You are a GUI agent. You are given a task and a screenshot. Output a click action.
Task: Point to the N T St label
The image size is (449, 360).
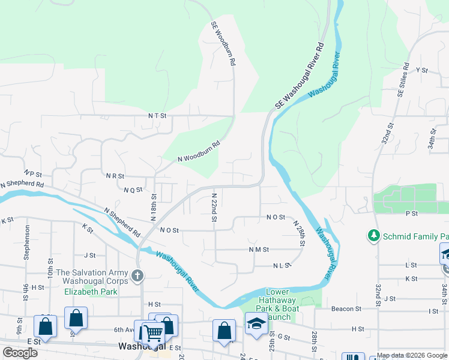click(157, 115)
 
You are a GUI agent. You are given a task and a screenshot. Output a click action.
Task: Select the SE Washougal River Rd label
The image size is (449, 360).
click(300, 76)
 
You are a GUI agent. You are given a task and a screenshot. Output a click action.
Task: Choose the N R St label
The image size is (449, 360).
click(115, 176)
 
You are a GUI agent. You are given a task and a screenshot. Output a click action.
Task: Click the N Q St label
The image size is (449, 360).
click(133, 190)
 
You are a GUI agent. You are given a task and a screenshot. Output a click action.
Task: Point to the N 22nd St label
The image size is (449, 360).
click(214, 207)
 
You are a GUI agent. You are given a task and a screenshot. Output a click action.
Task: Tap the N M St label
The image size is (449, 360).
click(259, 249)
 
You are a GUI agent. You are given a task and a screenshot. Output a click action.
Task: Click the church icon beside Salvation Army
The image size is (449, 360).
click(137, 275)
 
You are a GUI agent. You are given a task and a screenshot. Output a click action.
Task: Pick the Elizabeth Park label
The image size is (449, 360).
click(91, 292)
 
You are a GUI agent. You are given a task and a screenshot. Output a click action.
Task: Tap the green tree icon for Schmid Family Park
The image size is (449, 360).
click(374, 234)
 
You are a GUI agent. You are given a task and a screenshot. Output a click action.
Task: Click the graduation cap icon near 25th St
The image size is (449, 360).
click(256, 323)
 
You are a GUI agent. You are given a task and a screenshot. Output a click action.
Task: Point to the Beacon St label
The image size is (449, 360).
click(346, 309)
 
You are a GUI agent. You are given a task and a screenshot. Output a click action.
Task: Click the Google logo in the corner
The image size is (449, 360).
click(20, 353)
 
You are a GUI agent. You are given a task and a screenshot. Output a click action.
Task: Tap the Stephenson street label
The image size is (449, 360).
click(27, 242)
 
